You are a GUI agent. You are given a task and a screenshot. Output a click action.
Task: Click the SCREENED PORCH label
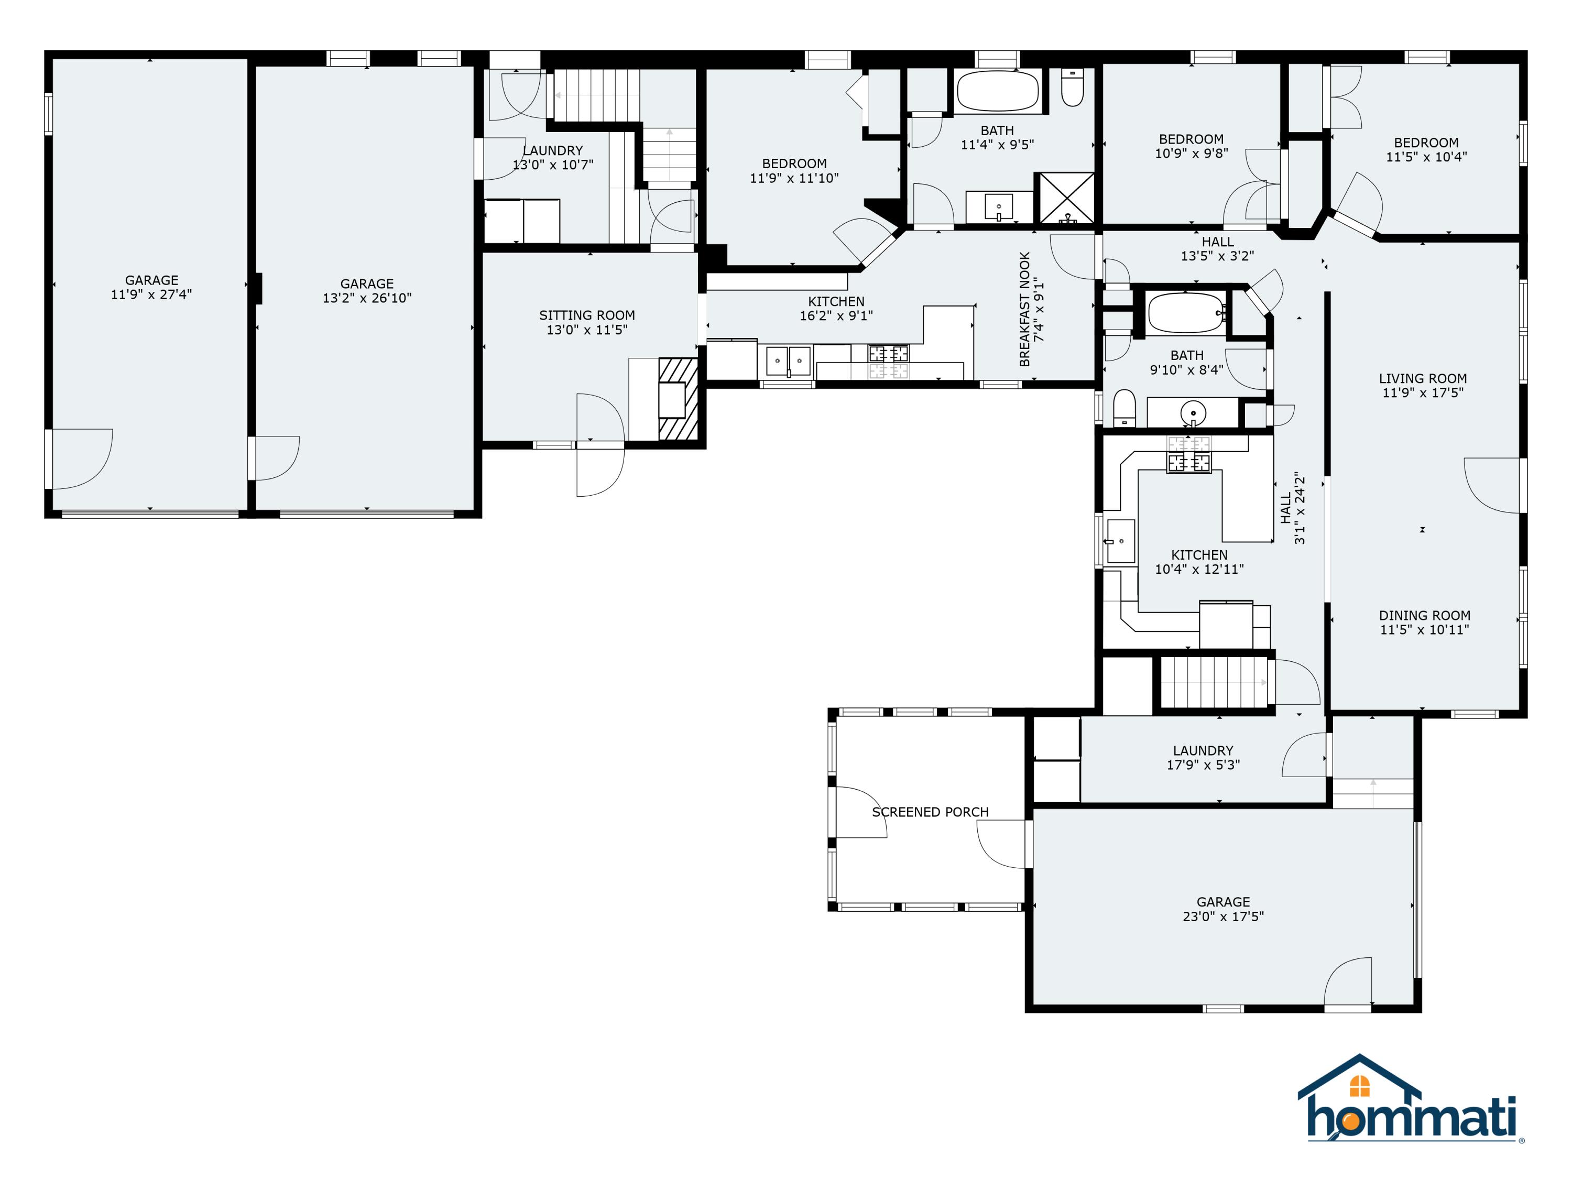930,812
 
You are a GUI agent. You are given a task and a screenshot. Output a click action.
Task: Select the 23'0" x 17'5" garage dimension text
1222,917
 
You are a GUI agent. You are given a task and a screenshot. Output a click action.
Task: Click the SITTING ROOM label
586,315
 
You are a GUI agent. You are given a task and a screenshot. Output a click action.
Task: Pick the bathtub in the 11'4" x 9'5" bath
997,91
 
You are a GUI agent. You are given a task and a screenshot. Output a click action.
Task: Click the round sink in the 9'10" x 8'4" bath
1193,413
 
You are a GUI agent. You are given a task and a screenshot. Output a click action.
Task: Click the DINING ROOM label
1424,616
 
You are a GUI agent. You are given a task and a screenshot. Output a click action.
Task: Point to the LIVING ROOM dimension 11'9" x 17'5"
1422,392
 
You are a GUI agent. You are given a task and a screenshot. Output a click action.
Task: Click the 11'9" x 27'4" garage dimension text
151,294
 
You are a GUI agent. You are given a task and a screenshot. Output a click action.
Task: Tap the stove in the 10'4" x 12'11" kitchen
1188,455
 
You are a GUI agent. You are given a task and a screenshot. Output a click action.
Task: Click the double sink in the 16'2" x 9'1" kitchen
788,361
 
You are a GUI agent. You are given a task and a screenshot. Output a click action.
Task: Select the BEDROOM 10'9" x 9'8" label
1191,139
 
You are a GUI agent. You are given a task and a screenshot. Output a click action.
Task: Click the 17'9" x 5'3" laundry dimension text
1203,765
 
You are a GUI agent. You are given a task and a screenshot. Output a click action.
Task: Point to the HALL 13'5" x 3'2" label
1217,242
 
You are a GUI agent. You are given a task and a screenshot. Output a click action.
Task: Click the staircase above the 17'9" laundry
1215,682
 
